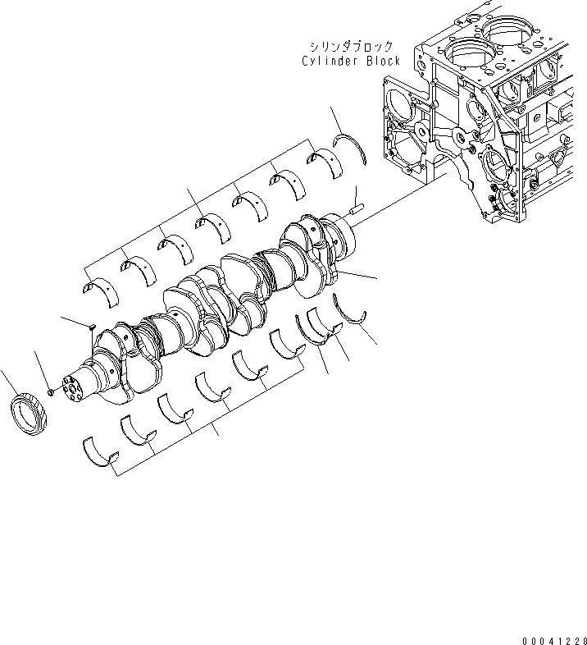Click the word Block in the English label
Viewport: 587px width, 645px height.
pyautogui.click(x=383, y=62)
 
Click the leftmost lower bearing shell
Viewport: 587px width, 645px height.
pyautogui.click(x=100, y=451)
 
